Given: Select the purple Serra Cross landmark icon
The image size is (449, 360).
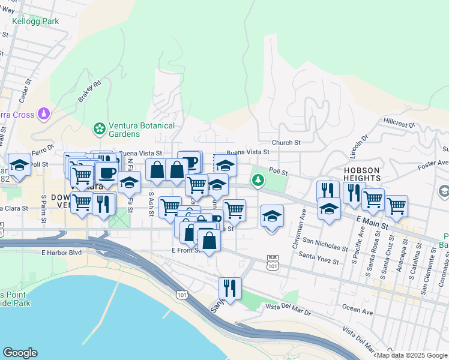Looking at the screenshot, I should point(43,113).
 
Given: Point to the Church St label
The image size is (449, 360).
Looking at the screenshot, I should point(286,143).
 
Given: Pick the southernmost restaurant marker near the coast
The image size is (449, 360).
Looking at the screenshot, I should point(230,287).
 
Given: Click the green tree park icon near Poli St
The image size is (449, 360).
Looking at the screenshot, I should point(258,179).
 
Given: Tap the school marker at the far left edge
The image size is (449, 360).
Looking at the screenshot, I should point(19,165).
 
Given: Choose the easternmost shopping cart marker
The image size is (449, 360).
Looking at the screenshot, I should point(396,206).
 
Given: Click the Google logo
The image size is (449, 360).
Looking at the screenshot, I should point(20,353).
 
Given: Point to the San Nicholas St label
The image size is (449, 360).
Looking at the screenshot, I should point(325,244).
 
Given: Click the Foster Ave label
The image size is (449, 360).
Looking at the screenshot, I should point(434,163).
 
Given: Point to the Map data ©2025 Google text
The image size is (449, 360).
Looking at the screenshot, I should point(412,355).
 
